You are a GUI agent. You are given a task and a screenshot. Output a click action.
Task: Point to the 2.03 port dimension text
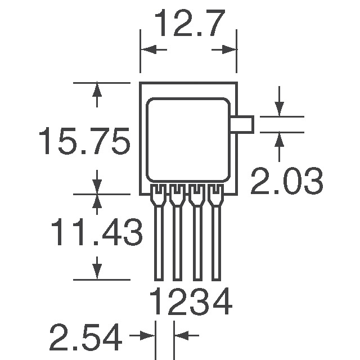(x=286, y=182)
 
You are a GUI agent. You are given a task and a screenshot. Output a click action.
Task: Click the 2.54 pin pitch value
(x=85, y=337)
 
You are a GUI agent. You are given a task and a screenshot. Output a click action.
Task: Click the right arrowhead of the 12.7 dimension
(x=229, y=50)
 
